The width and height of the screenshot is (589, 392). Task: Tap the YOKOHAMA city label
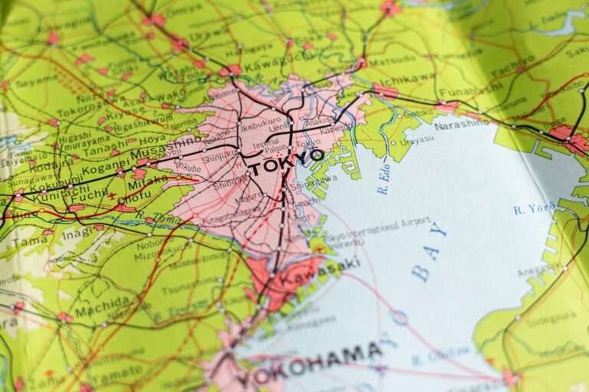pyautogui.click(x=310, y=362)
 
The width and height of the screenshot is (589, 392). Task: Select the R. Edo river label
pyautogui.click(x=383, y=179)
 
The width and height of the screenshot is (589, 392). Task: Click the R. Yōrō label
pyautogui.click(x=534, y=208)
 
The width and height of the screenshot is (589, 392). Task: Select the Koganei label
pyautogui.click(x=104, y=162)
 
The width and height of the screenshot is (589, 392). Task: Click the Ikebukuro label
pyautogui.click(x=262, y=123)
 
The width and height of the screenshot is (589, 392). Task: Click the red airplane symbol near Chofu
pyautogui.click(x=113, y=196)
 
